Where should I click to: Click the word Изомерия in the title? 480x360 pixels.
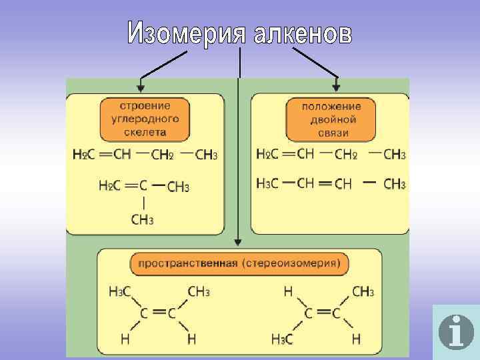click(x=186, y=33)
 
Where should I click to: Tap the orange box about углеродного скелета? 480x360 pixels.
click(x=145, y=119)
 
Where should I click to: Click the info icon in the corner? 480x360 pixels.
click(x=456, y=331)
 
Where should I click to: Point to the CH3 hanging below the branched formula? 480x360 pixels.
click(x=142, y=219)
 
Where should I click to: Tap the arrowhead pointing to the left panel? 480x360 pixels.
click(x=140, y=86)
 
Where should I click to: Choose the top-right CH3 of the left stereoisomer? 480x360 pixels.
click(x=199, y=291)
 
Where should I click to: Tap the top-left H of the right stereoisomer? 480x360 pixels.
click(x=288, y=291)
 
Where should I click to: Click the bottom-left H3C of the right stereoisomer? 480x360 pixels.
click(x=282, y=339)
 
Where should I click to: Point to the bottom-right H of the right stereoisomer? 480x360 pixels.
click(x=356, y=339)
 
